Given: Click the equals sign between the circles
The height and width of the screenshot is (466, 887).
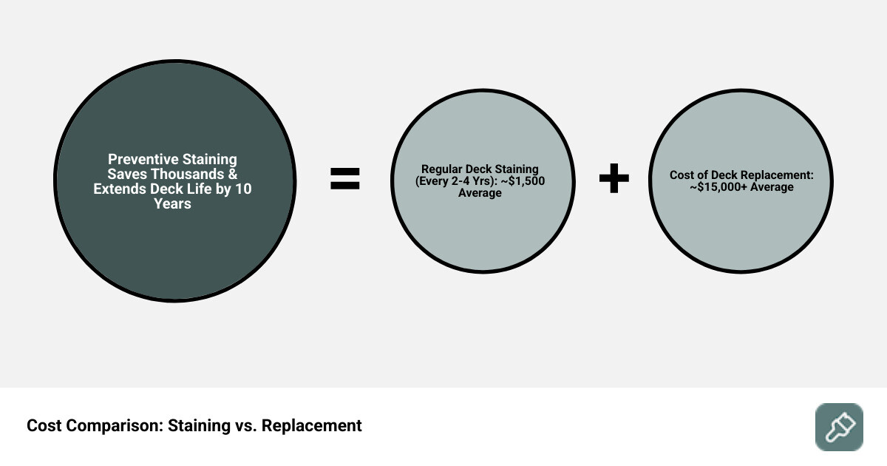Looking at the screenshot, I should [344, 179].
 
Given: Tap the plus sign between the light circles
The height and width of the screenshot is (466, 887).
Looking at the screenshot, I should [614, 179].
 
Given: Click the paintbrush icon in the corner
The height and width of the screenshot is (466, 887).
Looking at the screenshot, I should [839, 427].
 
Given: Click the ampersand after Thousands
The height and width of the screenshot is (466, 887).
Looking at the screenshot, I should [231, 174].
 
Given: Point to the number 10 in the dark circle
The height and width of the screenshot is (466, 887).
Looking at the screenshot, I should [243, 189].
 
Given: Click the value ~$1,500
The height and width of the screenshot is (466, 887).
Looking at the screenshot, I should [522, 181].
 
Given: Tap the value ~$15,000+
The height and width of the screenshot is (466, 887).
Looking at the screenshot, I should [719, 187].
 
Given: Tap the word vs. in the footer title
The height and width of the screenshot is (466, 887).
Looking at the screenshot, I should [243, 426].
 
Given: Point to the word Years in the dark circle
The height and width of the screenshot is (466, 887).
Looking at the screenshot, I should [172, 203].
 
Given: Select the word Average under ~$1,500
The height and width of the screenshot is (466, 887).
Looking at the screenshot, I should [480, 193].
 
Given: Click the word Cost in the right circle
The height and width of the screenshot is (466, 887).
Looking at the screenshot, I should [683, 175].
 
